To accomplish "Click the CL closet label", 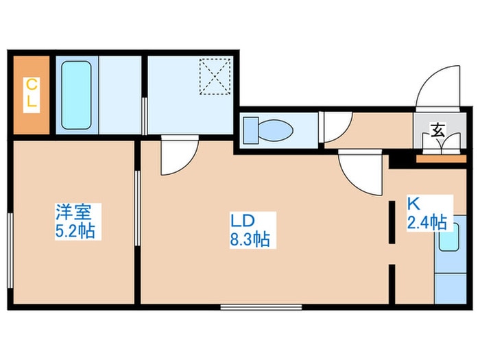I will click(32, 96).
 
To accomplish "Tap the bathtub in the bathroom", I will click(76, 95).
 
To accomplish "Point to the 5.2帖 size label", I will click(76, 230).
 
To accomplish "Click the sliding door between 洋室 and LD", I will click(138, 206).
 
